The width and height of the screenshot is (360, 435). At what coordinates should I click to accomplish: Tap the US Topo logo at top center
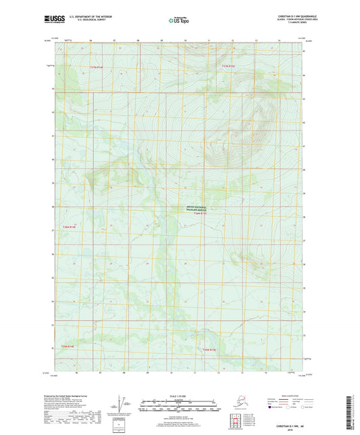pyautogui.click(x=176, y=21)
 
